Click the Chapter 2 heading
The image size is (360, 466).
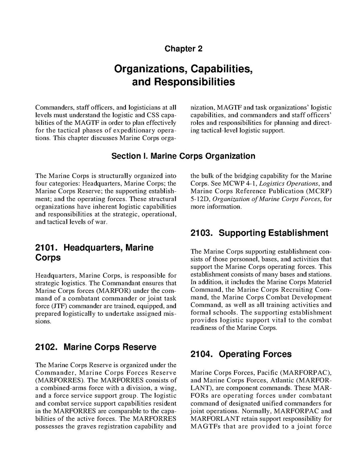183,49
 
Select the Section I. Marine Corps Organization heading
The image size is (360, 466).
183,156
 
